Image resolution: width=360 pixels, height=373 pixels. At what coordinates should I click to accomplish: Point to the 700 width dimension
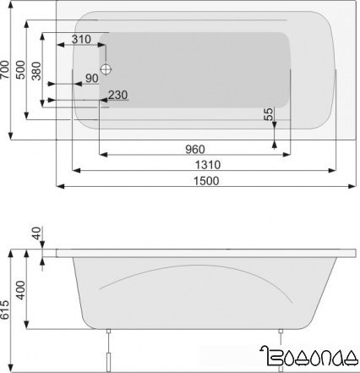coord(8,69)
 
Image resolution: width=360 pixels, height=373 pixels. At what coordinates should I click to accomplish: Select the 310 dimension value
coord(81,40)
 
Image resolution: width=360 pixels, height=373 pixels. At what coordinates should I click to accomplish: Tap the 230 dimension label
coord(117,94)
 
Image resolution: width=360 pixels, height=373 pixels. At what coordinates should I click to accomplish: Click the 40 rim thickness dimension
coord(36,233)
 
